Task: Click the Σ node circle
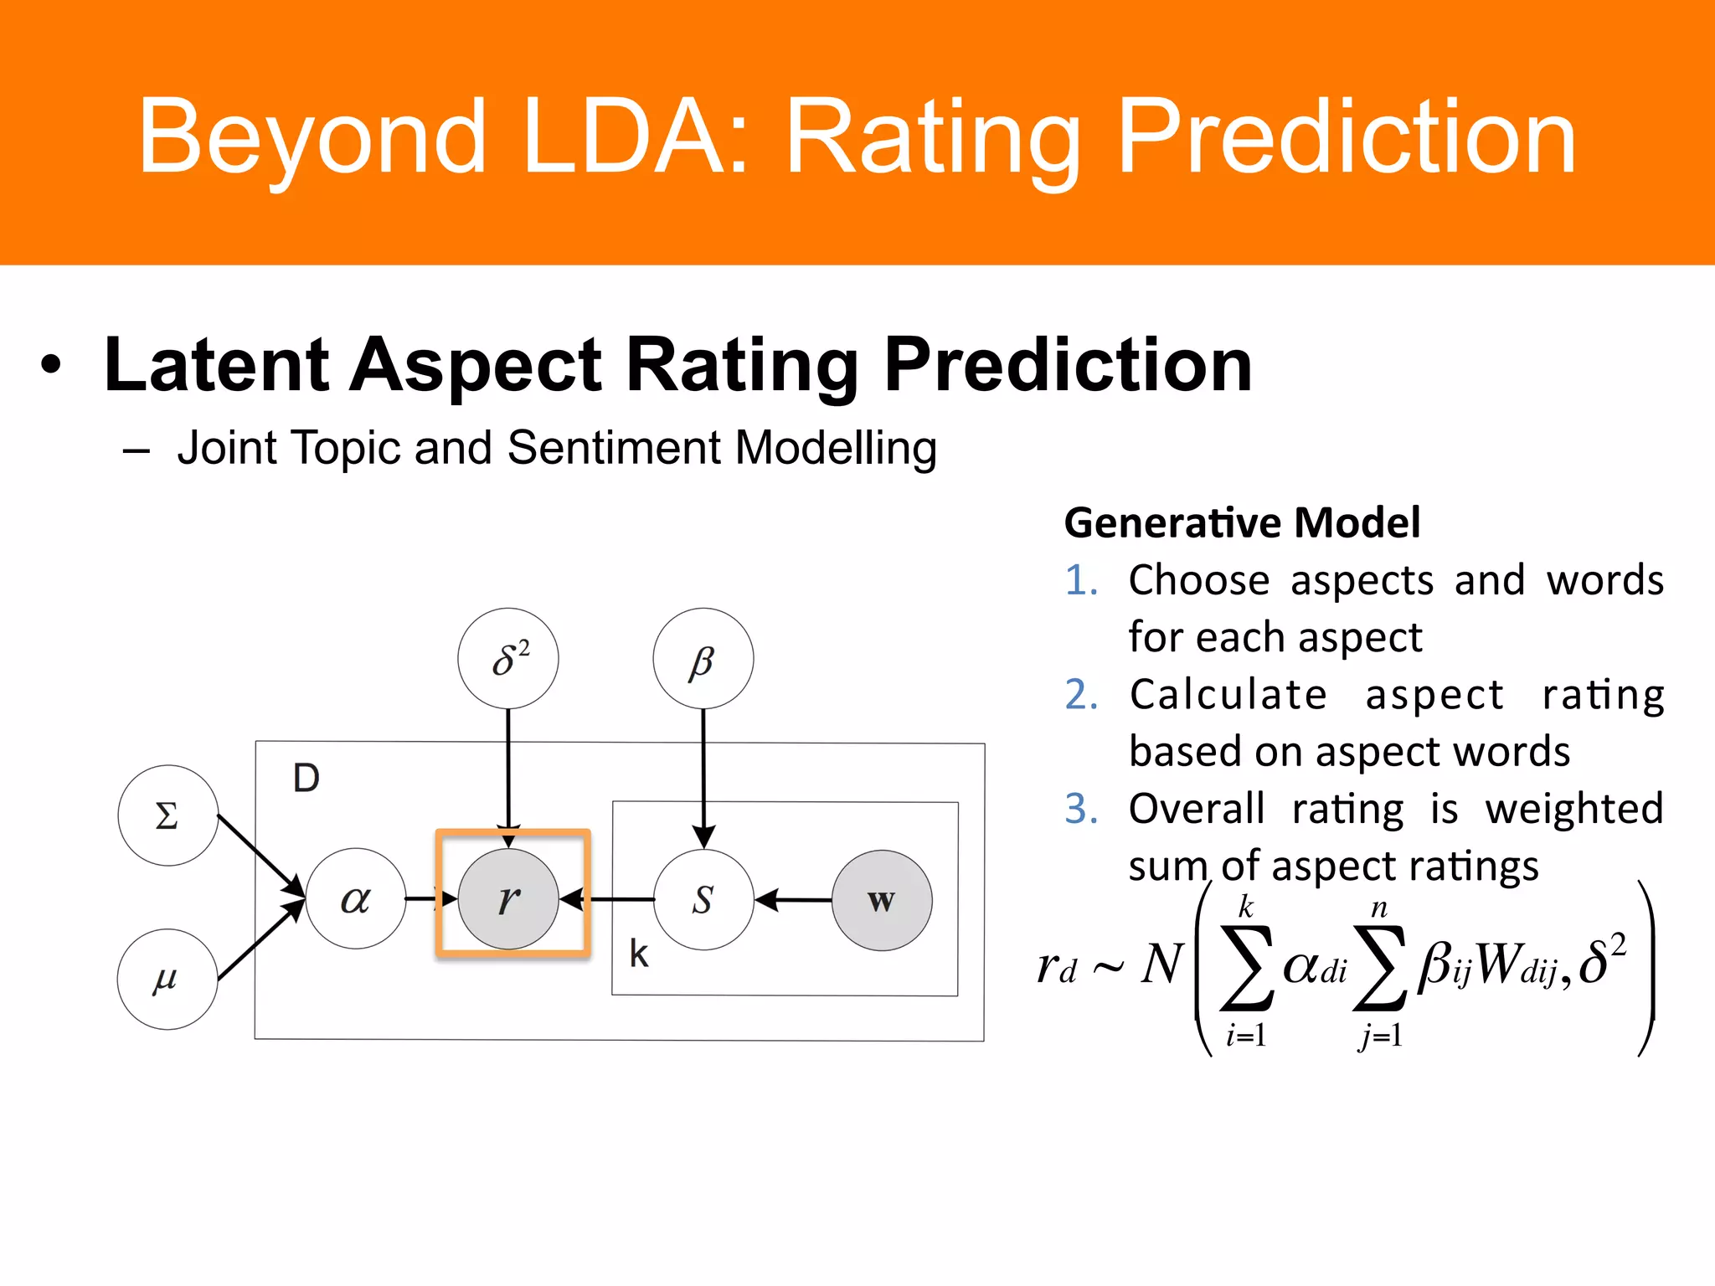(x=167, y=815)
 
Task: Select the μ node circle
(x=167, y=979)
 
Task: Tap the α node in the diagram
(x=356, y=898)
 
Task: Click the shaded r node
(x=508, y=898)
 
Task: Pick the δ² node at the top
(x=508, y=659)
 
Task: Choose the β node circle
(x=703, y=659)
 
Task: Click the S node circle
(x=703, y=900)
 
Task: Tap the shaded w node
(x=882, y=901)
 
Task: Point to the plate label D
(x=306, y=779)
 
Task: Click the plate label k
(x=639, y=954)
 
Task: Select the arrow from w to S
(x=794, y=900)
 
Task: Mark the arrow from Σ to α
(x=260, y=855)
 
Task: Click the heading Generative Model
(x=1242, y=522)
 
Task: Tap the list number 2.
(x=1081, y=695)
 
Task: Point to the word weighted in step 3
(x=1573, y=809)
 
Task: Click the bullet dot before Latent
(x=52, y=365)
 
